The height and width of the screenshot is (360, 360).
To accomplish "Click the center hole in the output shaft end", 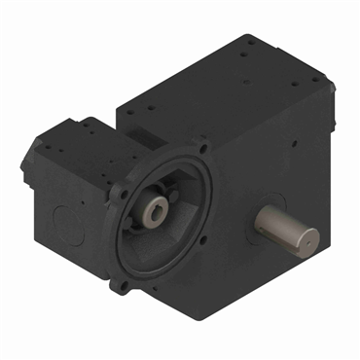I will tap(309, 236).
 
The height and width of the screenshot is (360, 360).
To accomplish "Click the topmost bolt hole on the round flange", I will tap(206, 149).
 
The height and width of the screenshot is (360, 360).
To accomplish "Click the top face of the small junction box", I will tap(78, 136).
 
